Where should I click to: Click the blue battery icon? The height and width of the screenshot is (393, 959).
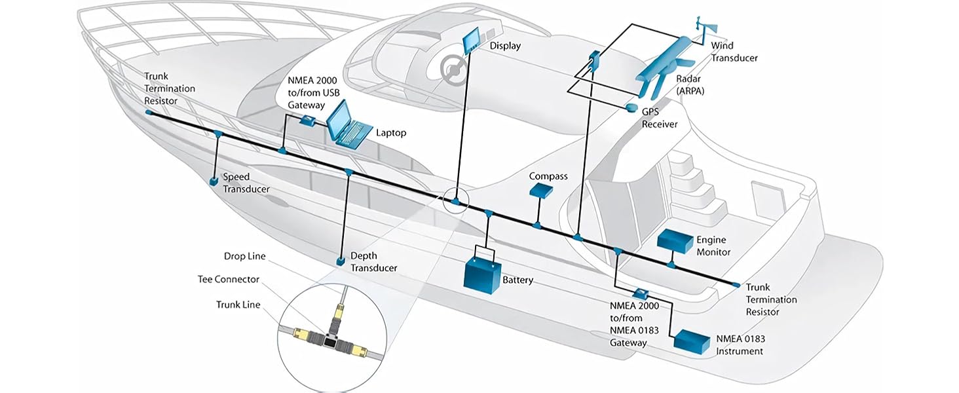tap(483, 275)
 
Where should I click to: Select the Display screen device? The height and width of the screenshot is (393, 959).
tap(472, 41)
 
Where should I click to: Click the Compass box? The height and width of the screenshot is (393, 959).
tap(541, 191)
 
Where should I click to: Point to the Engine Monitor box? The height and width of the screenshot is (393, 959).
tap(675, 241)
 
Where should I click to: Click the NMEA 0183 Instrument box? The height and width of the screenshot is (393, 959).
tap(692, 342)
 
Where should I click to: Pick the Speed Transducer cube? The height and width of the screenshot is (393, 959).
tap(213, 181)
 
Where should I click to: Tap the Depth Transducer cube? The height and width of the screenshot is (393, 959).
tap(341, 261)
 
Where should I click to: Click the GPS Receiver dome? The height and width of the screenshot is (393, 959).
tap(631, 107)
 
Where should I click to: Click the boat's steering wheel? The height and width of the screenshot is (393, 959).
tap(453, 69)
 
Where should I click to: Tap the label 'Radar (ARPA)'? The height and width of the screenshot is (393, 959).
tap(690, 84)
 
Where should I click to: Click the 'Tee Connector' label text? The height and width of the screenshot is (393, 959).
tap(228, 279)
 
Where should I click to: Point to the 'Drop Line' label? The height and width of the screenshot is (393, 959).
tap(244, 256)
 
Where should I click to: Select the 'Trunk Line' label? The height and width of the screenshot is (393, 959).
tap(238, 305)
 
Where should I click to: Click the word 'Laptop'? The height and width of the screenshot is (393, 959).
tap(391, 133)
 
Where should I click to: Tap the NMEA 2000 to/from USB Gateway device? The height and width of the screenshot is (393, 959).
tap(307, 120)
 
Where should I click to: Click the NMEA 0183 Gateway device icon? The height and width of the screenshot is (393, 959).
tap(641, 293)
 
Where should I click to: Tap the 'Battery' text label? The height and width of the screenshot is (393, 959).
tap(517, 280)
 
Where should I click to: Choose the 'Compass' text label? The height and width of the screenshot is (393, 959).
tap(548, 176)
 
